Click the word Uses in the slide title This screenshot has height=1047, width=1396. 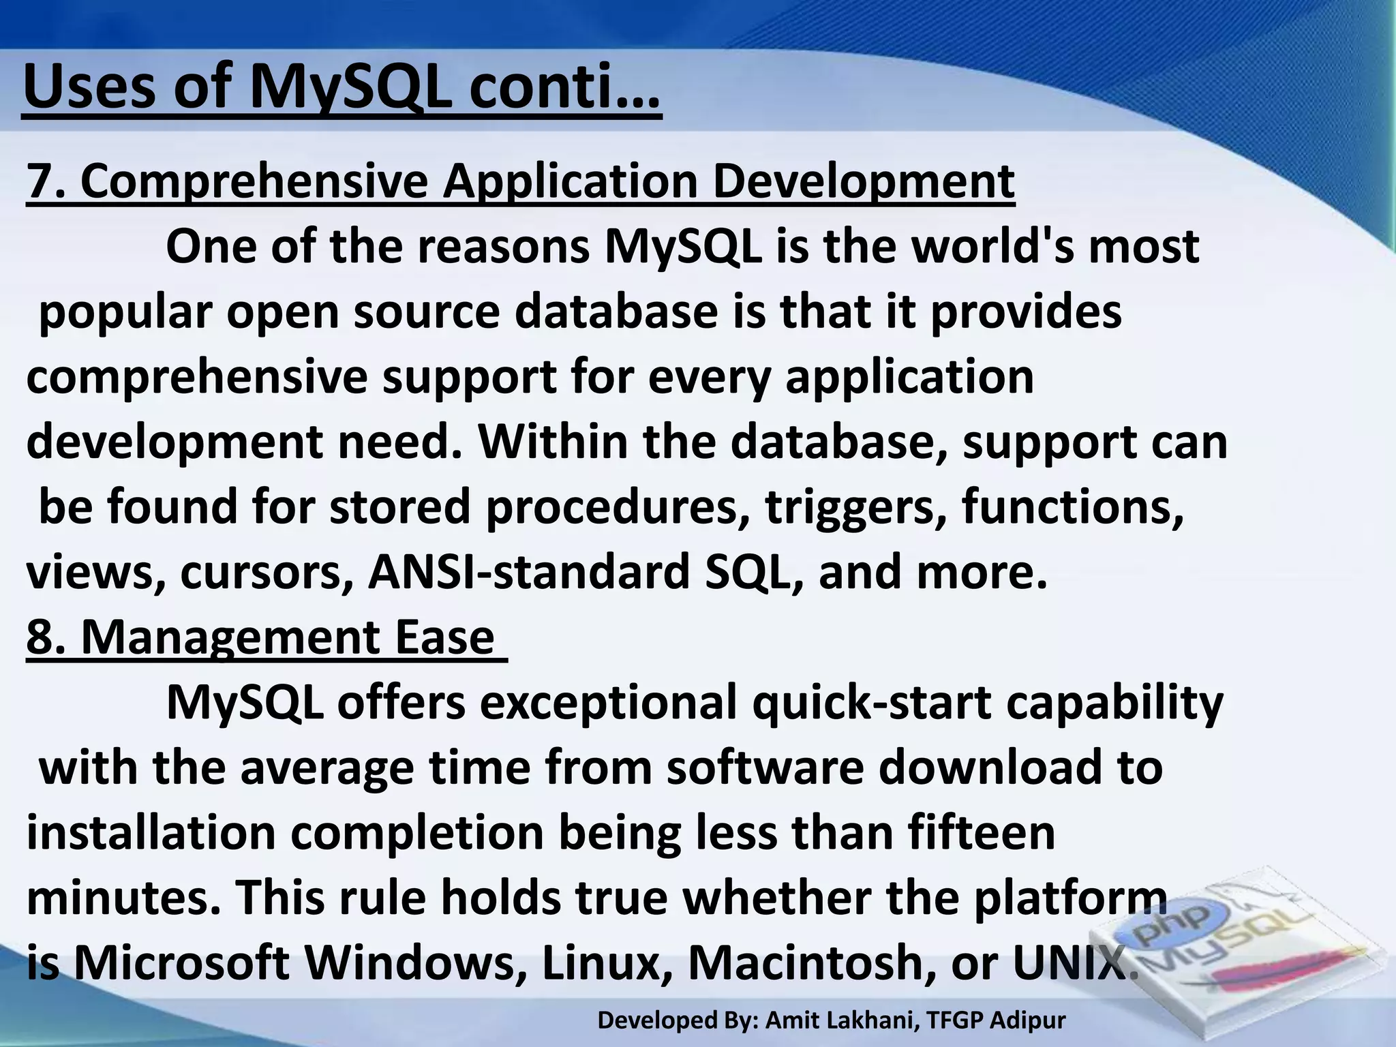pos(89,87)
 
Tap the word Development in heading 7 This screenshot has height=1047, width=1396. pos(864,181)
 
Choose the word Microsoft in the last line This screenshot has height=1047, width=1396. pos(180,962)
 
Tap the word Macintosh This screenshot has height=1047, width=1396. pos(804,962)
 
